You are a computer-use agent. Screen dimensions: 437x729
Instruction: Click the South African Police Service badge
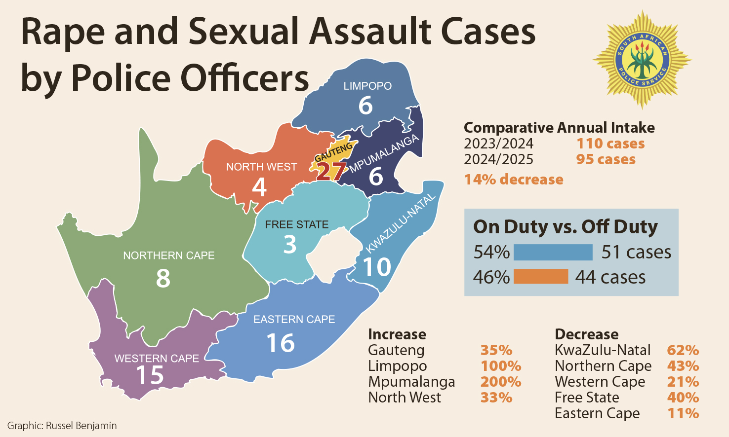point(642,59)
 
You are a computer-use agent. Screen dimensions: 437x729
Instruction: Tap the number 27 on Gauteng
point(330,171)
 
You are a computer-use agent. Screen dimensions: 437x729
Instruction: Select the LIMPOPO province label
point(367,86)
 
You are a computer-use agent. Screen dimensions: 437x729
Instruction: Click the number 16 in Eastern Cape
point(281,343)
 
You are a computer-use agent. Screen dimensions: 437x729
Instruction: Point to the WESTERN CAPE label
point(157,359)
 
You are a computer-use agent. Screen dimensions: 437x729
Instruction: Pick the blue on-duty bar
point(553,252)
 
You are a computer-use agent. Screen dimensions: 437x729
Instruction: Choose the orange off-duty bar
point(541,277)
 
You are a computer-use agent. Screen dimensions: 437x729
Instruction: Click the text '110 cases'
point(610,144)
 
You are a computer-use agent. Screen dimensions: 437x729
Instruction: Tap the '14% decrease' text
point(514,179)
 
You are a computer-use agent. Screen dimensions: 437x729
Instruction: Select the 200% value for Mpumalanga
point(500,382)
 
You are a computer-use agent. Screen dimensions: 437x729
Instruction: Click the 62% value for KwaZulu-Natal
point(683,350)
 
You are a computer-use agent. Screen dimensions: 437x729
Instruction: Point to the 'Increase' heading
point(397,334)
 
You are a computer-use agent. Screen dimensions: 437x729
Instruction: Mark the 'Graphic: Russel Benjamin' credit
point(62,426)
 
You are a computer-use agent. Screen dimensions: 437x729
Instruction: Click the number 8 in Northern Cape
point(163,278)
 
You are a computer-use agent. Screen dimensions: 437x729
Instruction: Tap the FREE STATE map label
point(296,224)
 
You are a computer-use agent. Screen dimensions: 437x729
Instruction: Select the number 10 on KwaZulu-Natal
point(377,267)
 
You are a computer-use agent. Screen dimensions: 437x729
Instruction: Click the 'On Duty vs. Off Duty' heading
point(565,226)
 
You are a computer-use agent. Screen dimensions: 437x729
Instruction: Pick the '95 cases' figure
point(606,159)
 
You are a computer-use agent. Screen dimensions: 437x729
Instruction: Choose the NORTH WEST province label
point(261,167)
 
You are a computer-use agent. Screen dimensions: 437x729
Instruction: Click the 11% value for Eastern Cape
point(683,413)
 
